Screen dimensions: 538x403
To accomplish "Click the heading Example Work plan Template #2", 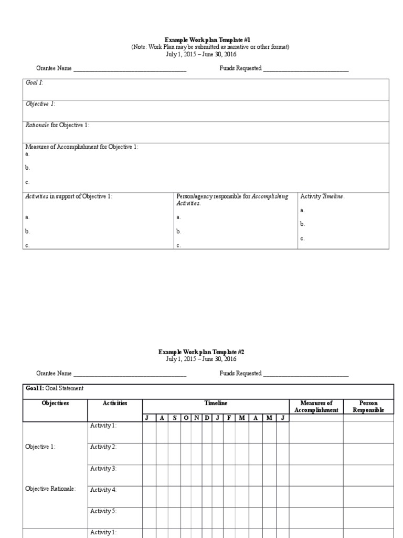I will click(x=201, y=351).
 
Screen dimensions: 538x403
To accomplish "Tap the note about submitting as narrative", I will click(x=210, y=47).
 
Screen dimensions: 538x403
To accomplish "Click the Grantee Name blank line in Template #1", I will click(x=130, y=69).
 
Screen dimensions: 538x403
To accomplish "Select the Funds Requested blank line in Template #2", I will click(x=306, y=374).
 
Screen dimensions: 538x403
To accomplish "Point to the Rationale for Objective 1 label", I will click(x=58, y=126).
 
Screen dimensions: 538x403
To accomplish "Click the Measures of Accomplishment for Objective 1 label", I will click(x=82, y=147).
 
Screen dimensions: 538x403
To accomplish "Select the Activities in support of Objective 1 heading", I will click(x=69, y=196).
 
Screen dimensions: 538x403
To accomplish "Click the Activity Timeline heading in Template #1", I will click(x=322, y=196).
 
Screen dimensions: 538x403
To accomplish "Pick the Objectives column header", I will click(x=55, y=403).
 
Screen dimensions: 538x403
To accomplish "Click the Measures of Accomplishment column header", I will click(x=316, y=406).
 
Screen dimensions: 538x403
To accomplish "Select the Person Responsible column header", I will click(x=368, y=406).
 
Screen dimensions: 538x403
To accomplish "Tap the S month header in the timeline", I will click(x=174, y=418).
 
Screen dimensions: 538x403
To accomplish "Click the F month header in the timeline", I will click(x=229, y=418).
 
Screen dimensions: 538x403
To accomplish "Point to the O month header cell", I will click(x=186, y=418).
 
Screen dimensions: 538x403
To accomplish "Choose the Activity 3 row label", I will click(x=103, y=468).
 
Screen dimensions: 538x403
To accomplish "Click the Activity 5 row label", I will click(x=103, y=511).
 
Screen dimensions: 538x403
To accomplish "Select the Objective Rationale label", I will click(x=51, y=489).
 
